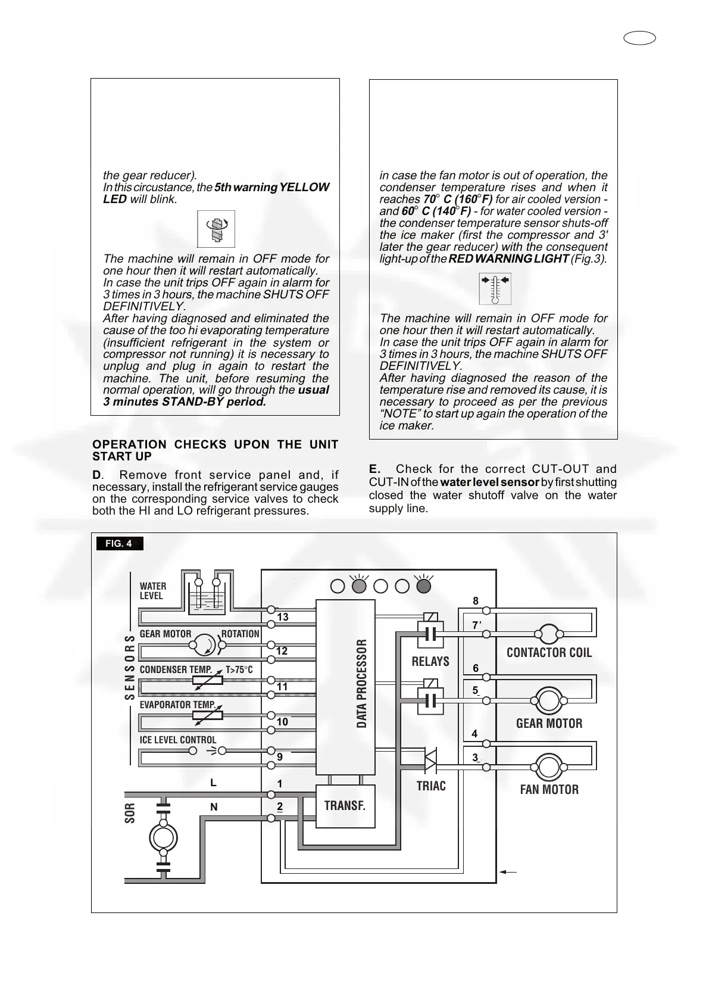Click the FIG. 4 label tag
[x=119, y=544]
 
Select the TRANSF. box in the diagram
[x=345, y=806]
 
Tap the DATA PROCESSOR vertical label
[x=362, y=684]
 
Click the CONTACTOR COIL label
[x=549, y=653]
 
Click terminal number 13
[x=283, y=617]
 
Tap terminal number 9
[x=280, y=758]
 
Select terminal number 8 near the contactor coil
[x=476, y=602]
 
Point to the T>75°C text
[x=239, y=670]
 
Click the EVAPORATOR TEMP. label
[x=178, y=705]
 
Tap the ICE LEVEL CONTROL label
[x=178, y=740]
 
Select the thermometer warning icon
[x=495, y=288]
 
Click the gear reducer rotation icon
[x=216, y=229]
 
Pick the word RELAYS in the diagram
[x=430, y=662]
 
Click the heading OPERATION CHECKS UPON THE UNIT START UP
[x=215, y=450]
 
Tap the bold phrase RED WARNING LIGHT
[x=508, y=259]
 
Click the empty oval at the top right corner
[x=640, y=39]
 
